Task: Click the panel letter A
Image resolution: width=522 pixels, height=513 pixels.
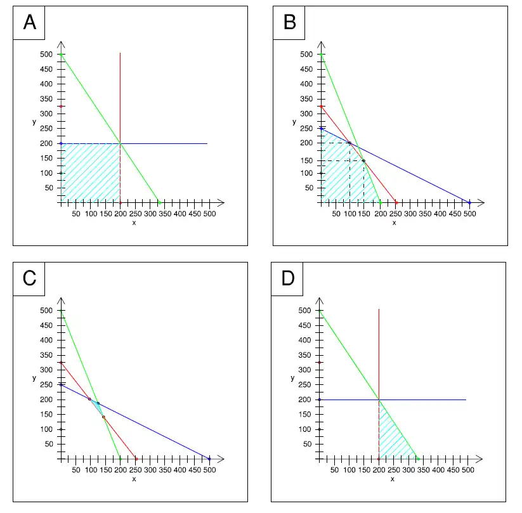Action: (x=29, y=23)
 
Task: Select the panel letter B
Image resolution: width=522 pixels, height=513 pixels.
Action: (x=289, y=23)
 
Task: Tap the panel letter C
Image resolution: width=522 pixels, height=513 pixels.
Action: (x=29, y=278)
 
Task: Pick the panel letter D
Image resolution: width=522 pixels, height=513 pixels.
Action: (x=288, y=278)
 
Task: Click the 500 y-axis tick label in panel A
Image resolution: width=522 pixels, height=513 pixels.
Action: (x=46, y=55)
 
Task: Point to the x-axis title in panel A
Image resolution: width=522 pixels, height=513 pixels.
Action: (x=134, y=223)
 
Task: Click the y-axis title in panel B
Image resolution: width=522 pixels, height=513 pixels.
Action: (x=294, y=122)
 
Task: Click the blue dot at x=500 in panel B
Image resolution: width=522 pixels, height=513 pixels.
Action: (x=470, y=202)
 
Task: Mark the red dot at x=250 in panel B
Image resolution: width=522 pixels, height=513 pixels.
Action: (x=396, y=202)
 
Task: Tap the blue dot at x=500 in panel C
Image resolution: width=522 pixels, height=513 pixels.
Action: (x=209, y=458)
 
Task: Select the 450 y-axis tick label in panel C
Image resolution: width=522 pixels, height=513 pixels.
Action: (x=46, y=325)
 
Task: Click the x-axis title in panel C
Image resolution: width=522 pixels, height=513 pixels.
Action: (x=134, y=479)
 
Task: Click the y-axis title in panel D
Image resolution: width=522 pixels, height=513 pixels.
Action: (x=292, y=378)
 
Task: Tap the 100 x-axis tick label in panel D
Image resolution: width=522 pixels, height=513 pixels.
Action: (x=349, y=469)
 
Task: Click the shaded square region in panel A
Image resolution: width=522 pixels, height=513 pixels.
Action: (x=90, y=172)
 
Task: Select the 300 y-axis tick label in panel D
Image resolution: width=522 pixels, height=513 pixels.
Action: (x=304, y=370)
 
